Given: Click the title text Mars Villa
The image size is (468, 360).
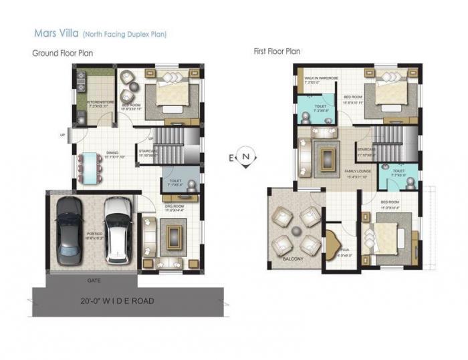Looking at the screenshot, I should [55, 32].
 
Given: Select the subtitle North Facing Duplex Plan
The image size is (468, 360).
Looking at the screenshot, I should [124, 33].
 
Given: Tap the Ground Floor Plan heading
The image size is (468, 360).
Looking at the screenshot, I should [63, 53].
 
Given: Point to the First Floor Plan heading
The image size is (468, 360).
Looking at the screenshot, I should [277, 51].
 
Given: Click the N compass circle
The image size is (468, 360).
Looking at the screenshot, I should [247, 157].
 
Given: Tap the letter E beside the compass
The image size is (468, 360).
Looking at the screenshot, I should [232, 158].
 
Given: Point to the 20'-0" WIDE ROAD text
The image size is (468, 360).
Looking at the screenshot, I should [117, 301].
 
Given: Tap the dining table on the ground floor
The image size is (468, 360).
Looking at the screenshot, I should [88, 168].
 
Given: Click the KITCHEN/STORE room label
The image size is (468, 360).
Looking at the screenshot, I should [95, 103].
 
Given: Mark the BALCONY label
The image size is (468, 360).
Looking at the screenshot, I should [293, 258].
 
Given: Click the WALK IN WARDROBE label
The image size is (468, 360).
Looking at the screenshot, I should [321, 78].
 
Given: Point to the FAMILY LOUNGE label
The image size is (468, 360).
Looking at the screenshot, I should [358, 172].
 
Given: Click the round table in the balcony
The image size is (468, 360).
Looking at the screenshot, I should [294, 230].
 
